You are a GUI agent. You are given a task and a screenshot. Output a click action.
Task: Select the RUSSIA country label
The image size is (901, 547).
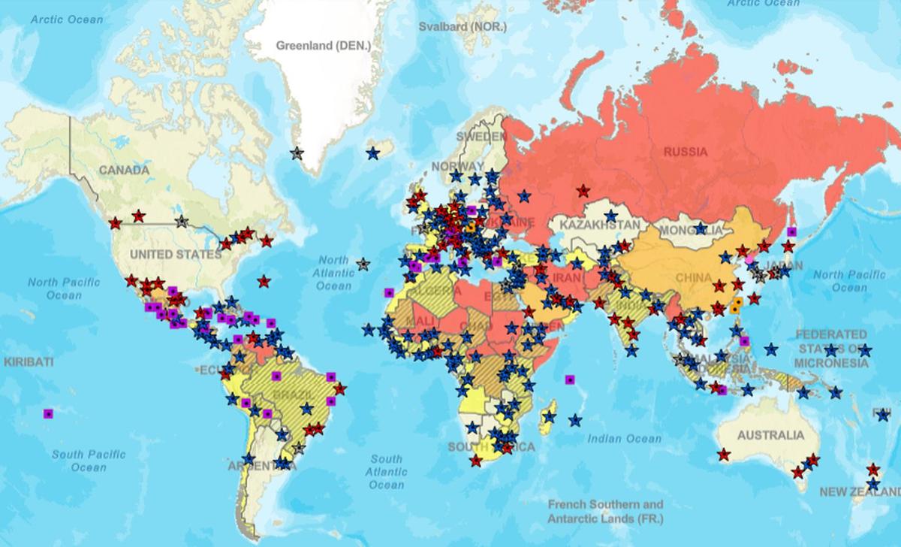(684, 152)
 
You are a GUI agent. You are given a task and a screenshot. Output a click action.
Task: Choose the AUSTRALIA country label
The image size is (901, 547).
(770, 435)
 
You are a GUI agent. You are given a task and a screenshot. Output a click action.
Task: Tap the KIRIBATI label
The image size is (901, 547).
(29, 361)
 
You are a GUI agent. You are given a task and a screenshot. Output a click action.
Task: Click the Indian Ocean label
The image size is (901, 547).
(624, 439)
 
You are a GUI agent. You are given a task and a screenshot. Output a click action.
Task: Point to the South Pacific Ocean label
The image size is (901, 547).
(89, 461)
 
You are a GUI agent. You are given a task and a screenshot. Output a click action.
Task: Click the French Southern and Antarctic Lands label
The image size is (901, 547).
(605, 512)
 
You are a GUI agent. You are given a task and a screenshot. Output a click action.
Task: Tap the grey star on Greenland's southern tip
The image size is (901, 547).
(297, 153)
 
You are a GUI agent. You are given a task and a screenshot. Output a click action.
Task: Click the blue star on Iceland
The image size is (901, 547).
(373, 153)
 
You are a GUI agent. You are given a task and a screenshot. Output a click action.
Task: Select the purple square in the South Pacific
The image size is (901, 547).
(49, 413)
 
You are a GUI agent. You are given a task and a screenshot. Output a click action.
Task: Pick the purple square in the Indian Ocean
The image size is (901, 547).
(570, 379)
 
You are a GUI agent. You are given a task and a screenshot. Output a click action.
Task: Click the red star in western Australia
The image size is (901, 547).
(723, 455)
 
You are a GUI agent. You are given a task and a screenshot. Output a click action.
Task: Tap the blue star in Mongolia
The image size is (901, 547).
(701, 228)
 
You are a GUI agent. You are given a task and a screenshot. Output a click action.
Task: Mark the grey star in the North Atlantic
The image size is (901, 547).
(363, 264)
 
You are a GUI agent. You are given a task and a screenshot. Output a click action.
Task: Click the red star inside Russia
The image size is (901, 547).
(583, 191)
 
